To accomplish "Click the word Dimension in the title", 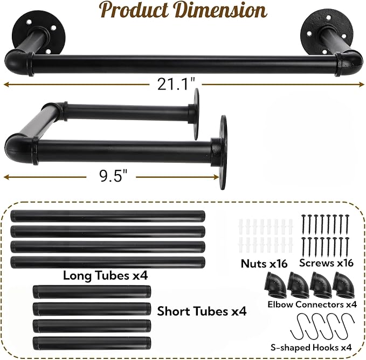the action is pos(221,10).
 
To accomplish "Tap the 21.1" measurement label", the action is pos(176,84).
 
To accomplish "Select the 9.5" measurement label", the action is pos(113,176).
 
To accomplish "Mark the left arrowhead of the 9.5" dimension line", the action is pos(7,177).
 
